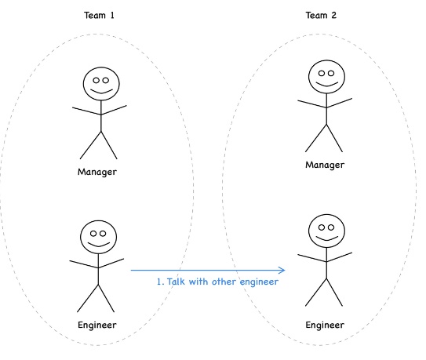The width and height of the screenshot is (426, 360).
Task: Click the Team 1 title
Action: coord(99,15)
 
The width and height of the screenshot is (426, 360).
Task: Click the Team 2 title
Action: coord(321,15)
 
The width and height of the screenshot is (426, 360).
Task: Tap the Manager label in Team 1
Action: coord(97,172)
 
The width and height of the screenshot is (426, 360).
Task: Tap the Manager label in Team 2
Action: coord(325,165)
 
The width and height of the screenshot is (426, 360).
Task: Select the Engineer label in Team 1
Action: coord(97,325)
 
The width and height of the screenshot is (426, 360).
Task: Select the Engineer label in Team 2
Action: coord(325,325)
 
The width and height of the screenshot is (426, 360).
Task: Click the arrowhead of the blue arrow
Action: coord(285,270)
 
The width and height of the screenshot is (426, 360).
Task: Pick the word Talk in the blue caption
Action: coord(176,282)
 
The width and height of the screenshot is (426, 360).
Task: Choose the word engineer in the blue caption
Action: coord(259,282)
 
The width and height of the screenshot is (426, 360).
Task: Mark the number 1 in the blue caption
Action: coord(160,282)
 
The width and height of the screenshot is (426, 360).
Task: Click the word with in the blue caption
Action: coord(198,282)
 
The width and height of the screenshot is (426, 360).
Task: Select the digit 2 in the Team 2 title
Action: coord(334,15)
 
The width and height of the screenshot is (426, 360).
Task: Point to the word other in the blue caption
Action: coord(224,282)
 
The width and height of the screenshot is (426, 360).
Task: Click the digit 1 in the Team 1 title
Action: coord(112,15)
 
